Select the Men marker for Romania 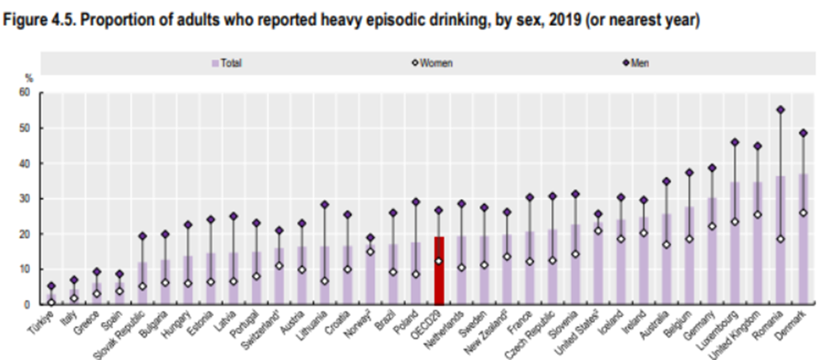[x=780, y=110]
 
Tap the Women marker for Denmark [x=803, y=212]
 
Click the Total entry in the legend [x=227, y=64]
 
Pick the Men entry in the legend [x=636, y=64]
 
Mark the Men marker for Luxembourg [x=733, y=142]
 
